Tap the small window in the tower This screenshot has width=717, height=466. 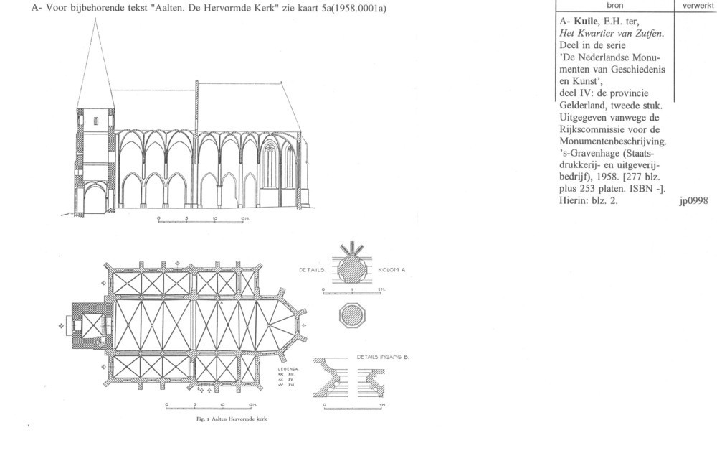[x=95, y=121]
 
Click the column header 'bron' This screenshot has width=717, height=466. [x=615, y=4]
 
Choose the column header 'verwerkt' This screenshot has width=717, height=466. [x=697, y=4]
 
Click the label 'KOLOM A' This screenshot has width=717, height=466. [x=393, y=269]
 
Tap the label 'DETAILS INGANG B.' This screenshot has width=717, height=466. [x=381, y=356]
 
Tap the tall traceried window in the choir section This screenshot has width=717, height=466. [x=270, y=165]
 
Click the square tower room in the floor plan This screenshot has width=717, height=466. [x=91, y=325]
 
